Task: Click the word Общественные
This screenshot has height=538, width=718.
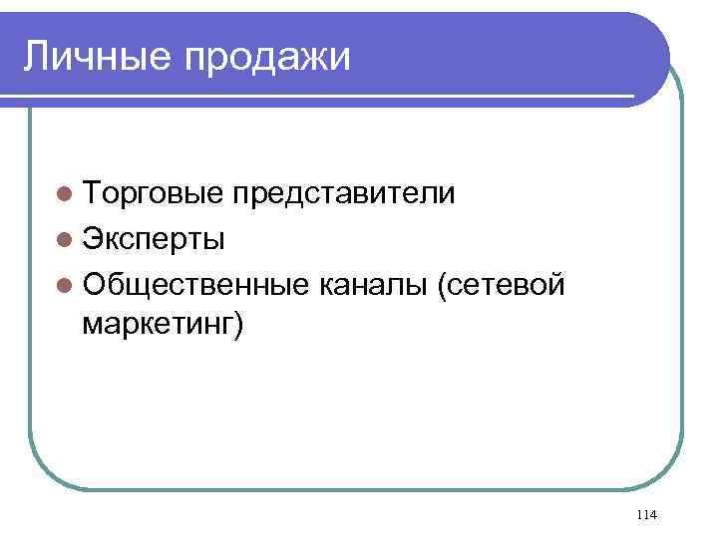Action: (x=195, y=287)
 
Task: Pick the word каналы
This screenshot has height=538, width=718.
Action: (x=371, y=287)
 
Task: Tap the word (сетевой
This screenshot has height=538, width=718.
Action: (x=501, y=287)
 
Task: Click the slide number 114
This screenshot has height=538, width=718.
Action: (x=645, y=514)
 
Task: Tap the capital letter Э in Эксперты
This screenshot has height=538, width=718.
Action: (x=94, y=240)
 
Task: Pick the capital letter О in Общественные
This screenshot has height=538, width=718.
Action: (x=96, y=287)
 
